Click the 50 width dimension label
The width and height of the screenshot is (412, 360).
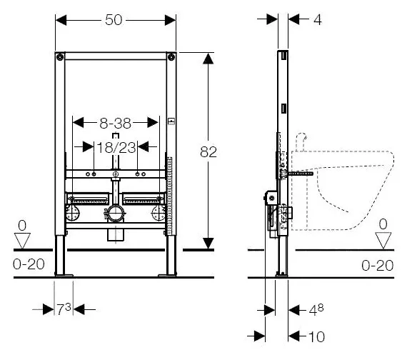point(114,20)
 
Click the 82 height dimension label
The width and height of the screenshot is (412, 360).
point(208,151)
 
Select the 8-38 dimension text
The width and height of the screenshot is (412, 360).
point(116,123)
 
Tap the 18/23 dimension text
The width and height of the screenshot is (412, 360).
point(116,147)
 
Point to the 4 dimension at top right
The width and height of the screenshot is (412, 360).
point(318,20)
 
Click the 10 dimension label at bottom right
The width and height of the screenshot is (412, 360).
point(316,336)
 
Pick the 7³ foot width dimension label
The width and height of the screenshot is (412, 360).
point(64,309)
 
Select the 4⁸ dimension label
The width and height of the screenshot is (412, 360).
point(316,310)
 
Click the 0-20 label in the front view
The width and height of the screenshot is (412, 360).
point(29,264)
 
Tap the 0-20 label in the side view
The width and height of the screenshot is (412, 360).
point(378,266)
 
